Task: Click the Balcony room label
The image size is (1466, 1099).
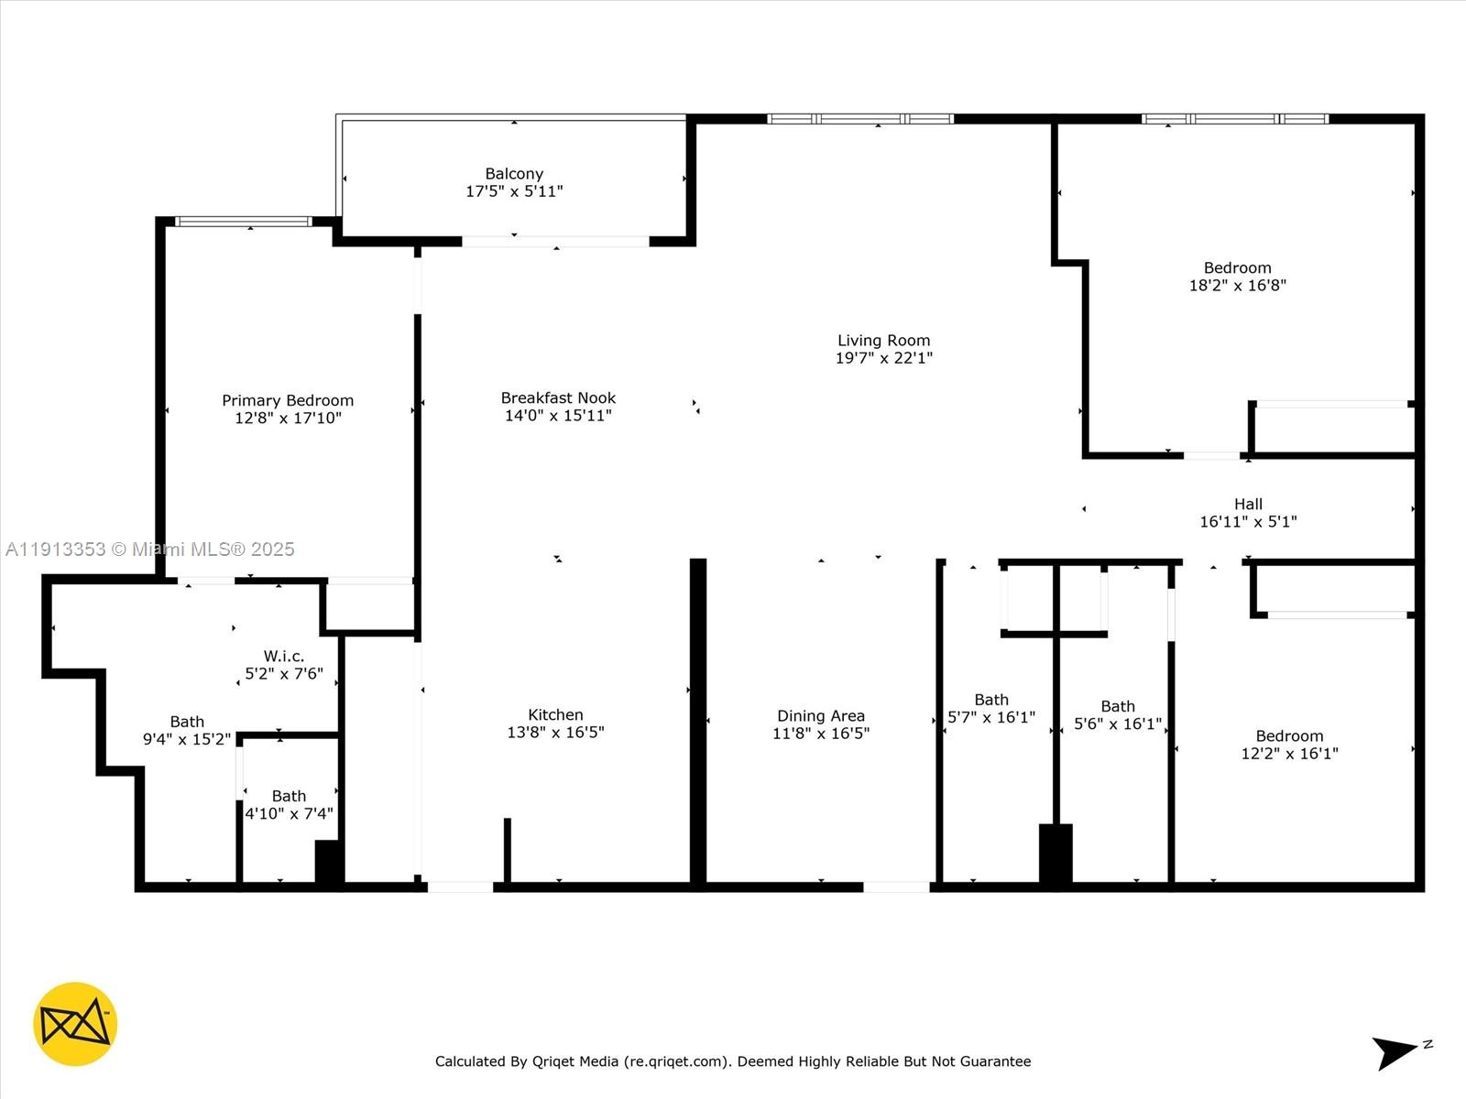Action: click(x=514, y=174)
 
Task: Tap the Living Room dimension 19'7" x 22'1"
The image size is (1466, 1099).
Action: click(x=883, y=358)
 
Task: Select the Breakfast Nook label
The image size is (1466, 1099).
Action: click(x=558, y=397)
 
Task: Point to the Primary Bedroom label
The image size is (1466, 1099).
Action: click(x=288, y=400)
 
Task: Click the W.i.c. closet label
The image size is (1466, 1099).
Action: click(x=283, y=656)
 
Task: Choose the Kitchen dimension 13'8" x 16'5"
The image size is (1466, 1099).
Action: click(x=555, y=733)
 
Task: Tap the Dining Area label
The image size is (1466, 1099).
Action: click(x=820, y=716)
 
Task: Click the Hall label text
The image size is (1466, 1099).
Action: click(x=1248, y=504)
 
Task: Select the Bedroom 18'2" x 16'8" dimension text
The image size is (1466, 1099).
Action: click(x=1237, y=286)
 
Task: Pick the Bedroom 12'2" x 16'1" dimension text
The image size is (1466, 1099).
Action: click(x=1289, y=754)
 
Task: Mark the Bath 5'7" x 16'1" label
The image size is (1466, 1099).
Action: click(x=991, y=700)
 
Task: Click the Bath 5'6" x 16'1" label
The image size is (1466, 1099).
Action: click(x=1117, y=706)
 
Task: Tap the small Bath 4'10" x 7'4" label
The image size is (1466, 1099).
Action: click(x=289, y=797)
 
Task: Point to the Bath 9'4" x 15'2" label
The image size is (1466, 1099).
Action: click(x=187, y=722)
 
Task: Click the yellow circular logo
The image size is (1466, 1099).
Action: click(x=75, y=1024)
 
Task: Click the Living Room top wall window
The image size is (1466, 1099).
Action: click(x=859, y=119)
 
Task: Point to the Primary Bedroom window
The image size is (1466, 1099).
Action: click(x=244, y=222)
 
